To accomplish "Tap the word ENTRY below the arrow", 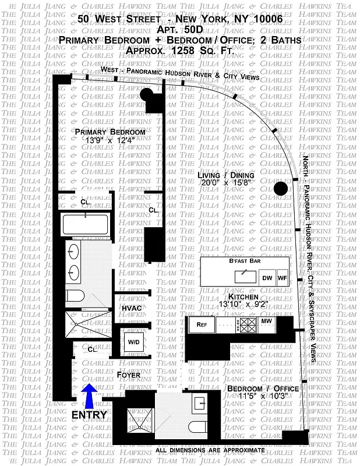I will click(x=89, y=415).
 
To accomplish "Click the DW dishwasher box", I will click(x=266, y=278).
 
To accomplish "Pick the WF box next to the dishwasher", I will click(x=283, y=278).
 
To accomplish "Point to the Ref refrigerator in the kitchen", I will click(x=202, y=324).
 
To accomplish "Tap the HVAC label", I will click(x=132, y=308).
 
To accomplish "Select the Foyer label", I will click(x=128, y=375).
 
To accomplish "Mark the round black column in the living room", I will click(x=281, y=188).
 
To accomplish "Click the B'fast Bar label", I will click(x=245, y=262).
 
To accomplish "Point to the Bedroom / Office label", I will click(x=263, y=389).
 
